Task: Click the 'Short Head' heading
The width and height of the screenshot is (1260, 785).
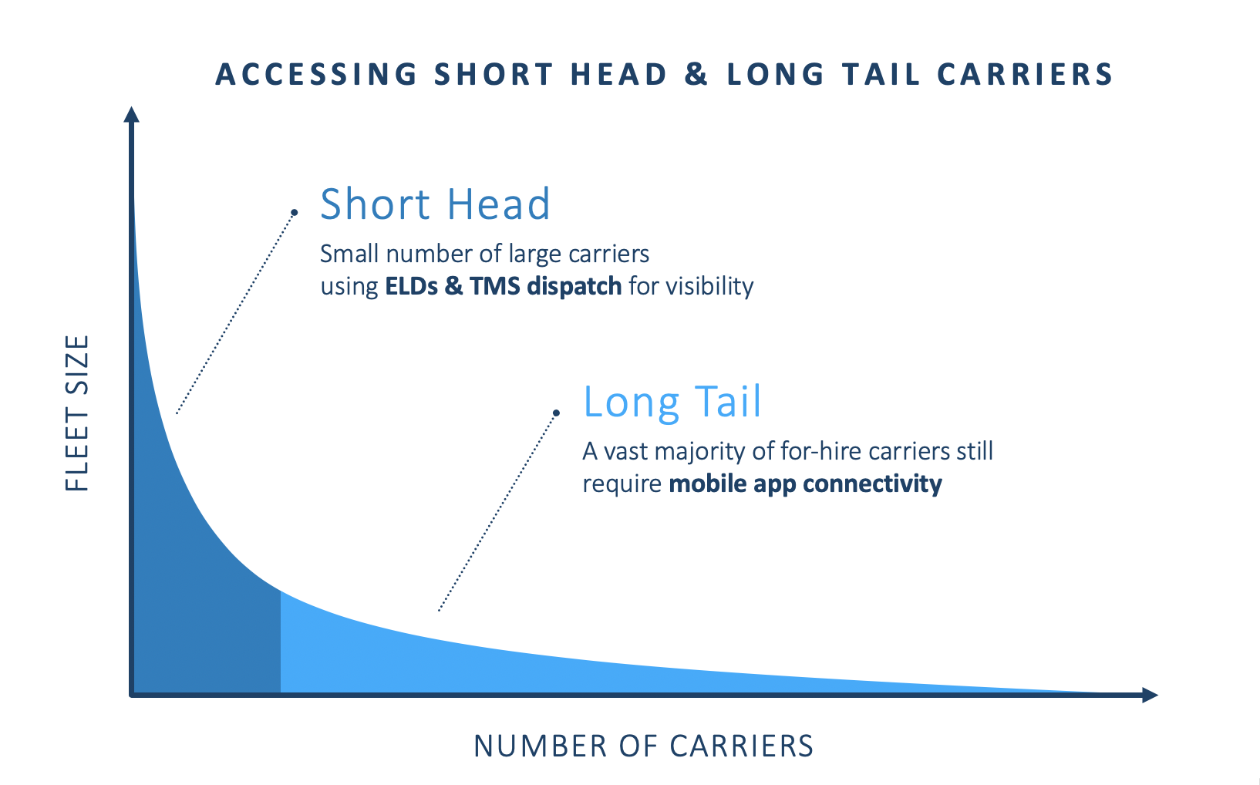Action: [435, 204]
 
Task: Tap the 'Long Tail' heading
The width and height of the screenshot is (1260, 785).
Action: [672, 402]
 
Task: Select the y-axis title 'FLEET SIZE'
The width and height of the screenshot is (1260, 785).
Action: [77, 413]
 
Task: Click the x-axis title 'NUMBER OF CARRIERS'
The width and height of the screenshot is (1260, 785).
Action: [644, 746]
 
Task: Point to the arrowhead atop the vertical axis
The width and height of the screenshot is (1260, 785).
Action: [131, 114]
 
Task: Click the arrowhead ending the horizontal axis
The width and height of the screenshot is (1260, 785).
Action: [1150, 695]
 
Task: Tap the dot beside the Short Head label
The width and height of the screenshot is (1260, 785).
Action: [295, 212]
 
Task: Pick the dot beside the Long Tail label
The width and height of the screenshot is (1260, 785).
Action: [556, 413]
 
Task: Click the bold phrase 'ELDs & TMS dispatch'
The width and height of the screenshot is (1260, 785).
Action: [503, 285]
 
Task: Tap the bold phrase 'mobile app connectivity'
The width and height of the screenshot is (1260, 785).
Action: [805, 483]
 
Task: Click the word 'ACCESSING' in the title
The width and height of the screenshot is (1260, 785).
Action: [317, 74]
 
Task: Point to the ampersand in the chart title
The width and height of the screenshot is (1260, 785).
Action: [696, 74]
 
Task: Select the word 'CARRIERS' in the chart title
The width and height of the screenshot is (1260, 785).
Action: [1025, 74]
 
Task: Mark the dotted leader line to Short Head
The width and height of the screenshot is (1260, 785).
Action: [236, 312]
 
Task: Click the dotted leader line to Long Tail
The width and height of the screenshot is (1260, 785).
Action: [497, 512]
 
